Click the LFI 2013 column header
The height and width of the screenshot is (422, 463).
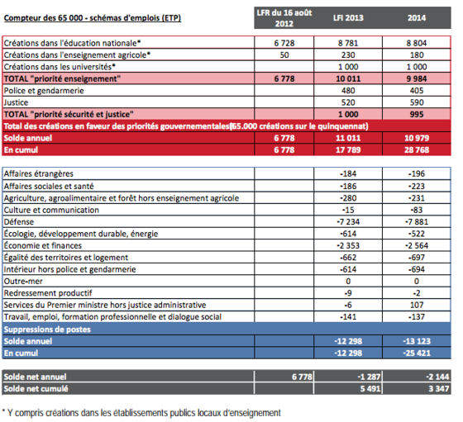click(x=348, y=18)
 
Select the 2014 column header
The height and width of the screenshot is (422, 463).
click(x=417, y=18)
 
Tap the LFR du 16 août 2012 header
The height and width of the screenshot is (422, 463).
click(x=284, y=18)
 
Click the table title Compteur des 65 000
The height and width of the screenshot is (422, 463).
click(x=93, y=18)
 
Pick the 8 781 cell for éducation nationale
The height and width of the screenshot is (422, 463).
click(x=348, y=43)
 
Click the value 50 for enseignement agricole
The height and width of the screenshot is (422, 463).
click(x=284, y=55)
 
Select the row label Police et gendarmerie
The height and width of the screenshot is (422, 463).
click(x=44, y=91)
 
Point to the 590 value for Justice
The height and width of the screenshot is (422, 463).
click(x=417, y=102)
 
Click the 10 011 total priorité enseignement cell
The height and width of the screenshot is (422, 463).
click(x=348, y=78)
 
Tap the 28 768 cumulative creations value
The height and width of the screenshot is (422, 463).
click(x=417, y=149)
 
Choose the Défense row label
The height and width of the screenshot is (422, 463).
click(x=18, y=222)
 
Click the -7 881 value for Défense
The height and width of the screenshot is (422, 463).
click(x=417, y=222)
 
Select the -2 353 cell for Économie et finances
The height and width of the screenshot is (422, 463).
click(x=348, y=245)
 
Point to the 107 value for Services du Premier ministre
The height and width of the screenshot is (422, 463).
click(x=417, y=305)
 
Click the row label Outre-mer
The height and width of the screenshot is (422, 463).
click(x=23, y=281)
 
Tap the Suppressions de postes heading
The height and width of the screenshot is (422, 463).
click(x=47, y=330)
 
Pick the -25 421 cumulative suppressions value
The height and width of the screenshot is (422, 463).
click(x=417, y=353)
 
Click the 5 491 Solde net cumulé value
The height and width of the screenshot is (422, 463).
click(x=370, y=389)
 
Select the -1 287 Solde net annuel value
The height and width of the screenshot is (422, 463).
click(x=369, y=377)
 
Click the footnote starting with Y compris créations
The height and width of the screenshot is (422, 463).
click(x=141, y=413)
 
